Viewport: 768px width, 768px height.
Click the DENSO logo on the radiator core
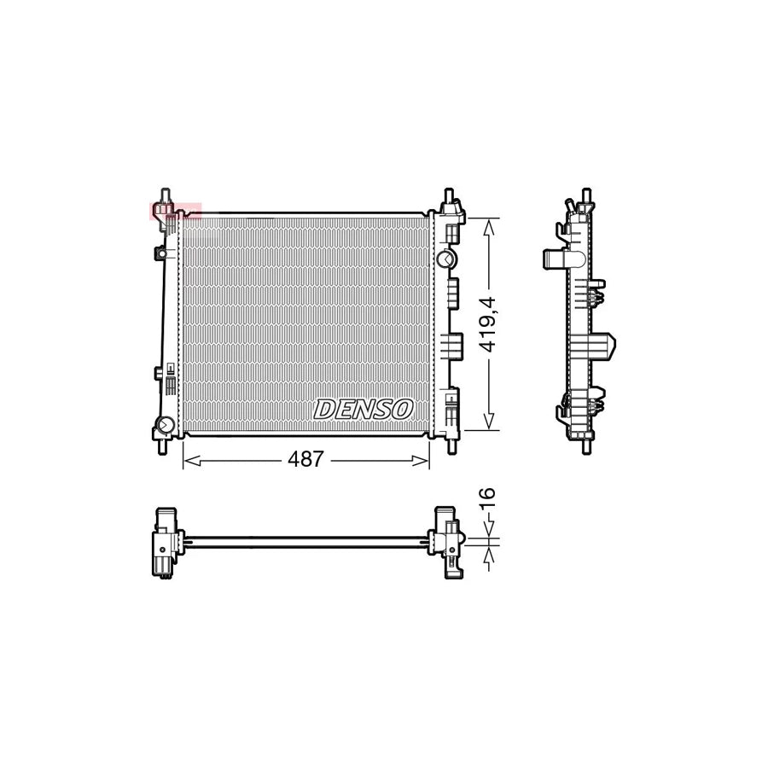pos(364,409)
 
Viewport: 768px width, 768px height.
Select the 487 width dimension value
pos(305,460)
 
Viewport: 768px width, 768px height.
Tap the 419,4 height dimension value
pos(487,324)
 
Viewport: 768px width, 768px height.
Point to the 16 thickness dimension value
pos(487,499)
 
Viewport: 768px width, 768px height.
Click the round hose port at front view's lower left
pos(165,425)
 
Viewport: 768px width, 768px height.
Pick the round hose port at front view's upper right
pos(445,259)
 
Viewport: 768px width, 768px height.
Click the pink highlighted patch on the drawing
pos(175,211)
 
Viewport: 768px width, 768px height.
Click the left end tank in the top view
pos(166,543)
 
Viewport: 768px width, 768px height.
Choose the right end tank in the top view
pos(447,539)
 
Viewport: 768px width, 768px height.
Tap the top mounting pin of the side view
pos(585,196)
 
